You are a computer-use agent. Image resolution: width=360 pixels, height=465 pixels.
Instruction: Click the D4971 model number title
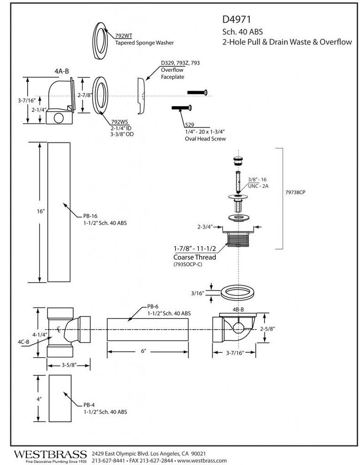point(236,20)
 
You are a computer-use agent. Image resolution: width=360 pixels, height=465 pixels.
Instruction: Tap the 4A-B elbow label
point(62,71)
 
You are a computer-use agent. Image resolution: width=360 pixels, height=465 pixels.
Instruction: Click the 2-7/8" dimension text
point(84,95)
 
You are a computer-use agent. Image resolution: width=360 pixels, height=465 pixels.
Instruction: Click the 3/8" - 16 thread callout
point(257,180)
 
